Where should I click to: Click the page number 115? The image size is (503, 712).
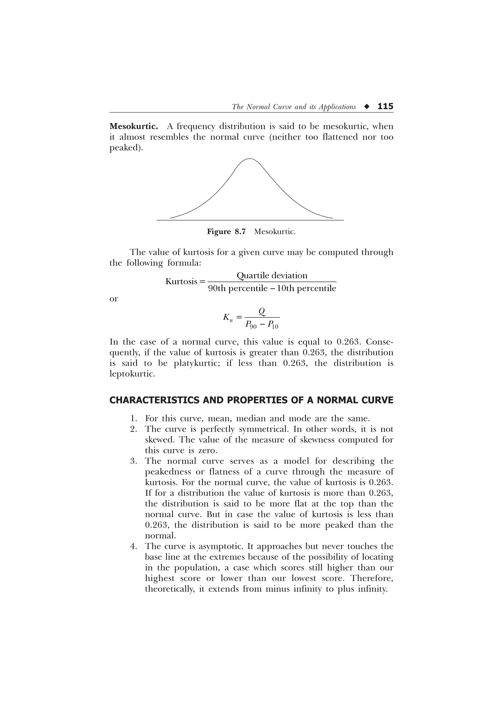point(385,106)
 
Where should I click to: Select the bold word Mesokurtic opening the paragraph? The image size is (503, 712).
point(134,127)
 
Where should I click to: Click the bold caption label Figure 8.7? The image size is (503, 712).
point(226,232)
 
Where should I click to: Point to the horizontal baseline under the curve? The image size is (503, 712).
point(250,220)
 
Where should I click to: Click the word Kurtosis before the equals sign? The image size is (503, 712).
point(181,282)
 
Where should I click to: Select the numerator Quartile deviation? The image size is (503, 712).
point(272,275)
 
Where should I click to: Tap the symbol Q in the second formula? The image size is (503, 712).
point(262,311)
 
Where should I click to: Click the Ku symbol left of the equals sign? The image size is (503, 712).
point(227,317)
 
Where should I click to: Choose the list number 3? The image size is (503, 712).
point(134,461)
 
